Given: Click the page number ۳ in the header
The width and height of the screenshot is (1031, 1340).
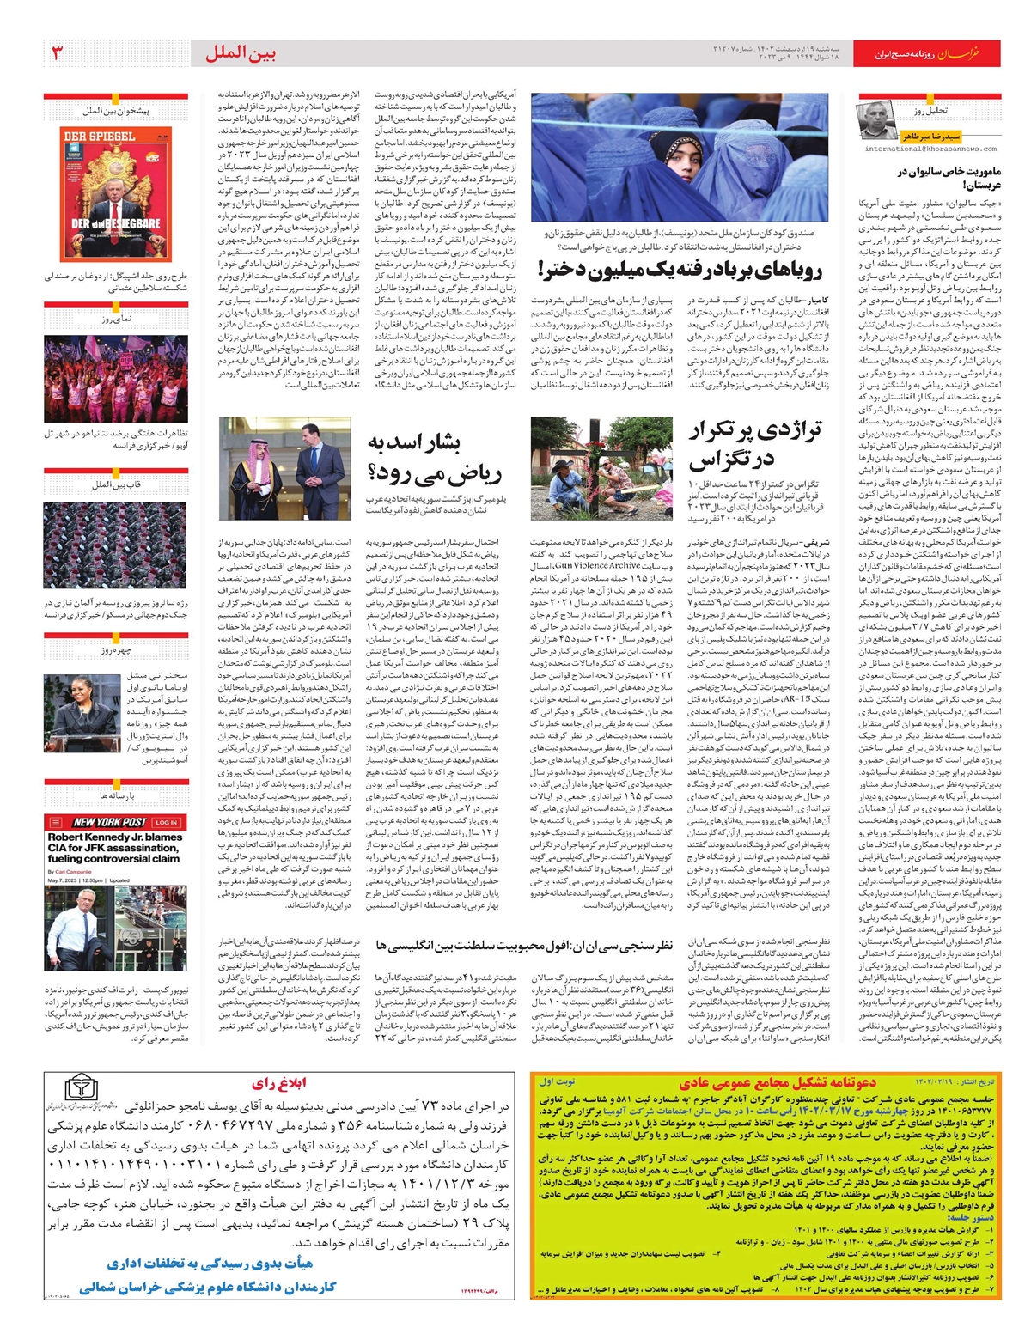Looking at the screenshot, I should (x=58, y=53).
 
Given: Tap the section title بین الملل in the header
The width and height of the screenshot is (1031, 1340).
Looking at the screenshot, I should (x=241, y=54).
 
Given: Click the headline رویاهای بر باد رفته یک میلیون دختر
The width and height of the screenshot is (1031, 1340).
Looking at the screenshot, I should (x=680, y=269).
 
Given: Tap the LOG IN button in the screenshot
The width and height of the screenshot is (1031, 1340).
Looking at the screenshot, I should (x=167, y=822).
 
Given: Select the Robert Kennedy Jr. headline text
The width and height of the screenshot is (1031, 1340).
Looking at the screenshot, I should (x=114, y=847).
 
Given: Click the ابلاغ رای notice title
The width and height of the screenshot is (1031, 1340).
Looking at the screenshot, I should (x=280, y=1083).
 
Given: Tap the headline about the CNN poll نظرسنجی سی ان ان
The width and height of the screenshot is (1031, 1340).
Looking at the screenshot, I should (x=523, y=945).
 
